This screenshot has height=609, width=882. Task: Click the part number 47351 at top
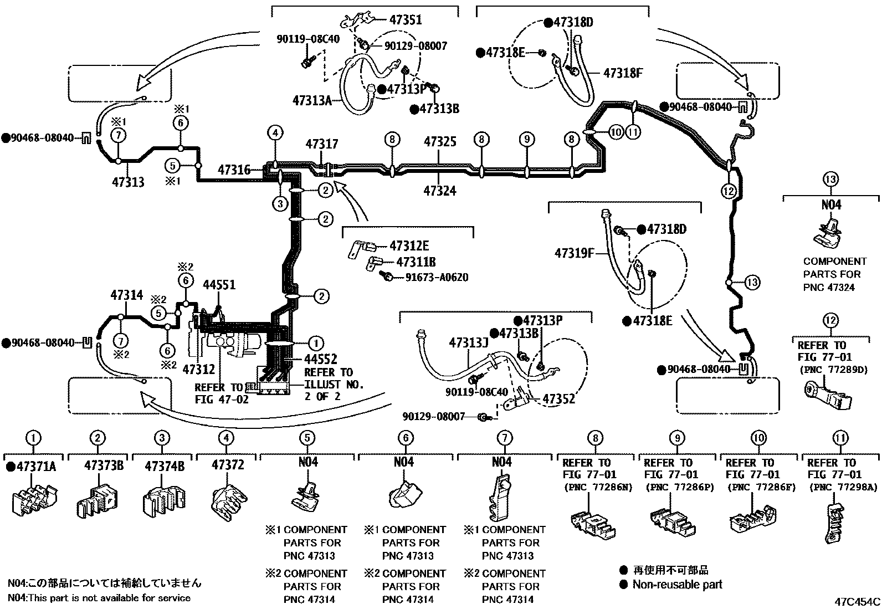tap(405, 20)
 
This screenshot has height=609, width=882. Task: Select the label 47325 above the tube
tap(440, 142)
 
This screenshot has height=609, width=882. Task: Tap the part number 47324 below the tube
tap(440, 191)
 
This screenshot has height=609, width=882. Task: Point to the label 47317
tap(321, 144)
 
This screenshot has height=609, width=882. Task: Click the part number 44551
tap(219, 285)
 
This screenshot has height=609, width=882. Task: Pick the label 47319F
tap(575, 253)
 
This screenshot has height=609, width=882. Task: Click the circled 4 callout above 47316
tap(275, 133)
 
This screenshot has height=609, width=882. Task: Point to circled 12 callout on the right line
tap(729, 191)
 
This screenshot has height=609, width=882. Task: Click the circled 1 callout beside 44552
tap(315, 344)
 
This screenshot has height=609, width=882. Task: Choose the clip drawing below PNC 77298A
tap(834, 523)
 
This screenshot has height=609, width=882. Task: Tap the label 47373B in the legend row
tap(104, 465)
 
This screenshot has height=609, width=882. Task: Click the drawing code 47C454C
tap(858, 602)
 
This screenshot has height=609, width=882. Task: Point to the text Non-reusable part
tap(677, 584)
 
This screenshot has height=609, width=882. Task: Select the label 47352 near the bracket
tap(558, 399)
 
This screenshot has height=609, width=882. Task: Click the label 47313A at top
tap(311, 100)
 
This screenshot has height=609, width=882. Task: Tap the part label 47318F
tap(622, 73)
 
